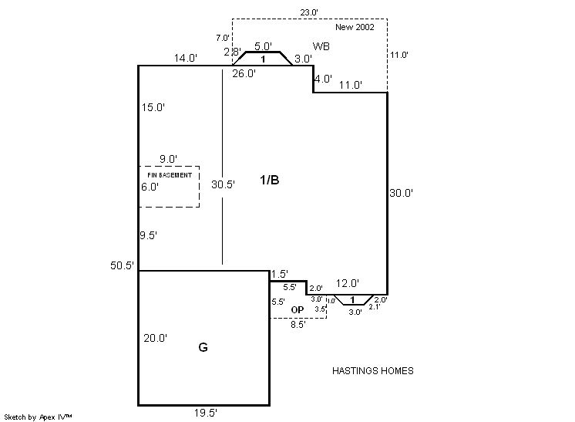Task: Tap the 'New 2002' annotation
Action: (x=355, y=27)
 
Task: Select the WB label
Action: (x=321, y=47)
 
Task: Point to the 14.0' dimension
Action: (x=186, y=57)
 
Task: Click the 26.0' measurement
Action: (x=244, y=74)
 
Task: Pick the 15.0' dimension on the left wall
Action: (x=153, y=107)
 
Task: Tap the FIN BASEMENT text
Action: (x=170, y=175)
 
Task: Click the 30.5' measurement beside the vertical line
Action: (x=223, y=184)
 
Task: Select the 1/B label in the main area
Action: (x=269, y=180)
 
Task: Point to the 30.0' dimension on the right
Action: (x=402, y=193)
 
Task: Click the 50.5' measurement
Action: (x=123, y=265)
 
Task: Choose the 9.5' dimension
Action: (x=150, y=236)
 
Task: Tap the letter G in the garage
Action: (x=203, y=347)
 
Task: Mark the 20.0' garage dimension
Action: (x=156, y=337)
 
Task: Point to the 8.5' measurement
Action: (x=297, y=325)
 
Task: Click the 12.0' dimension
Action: (x=347, y=283)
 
